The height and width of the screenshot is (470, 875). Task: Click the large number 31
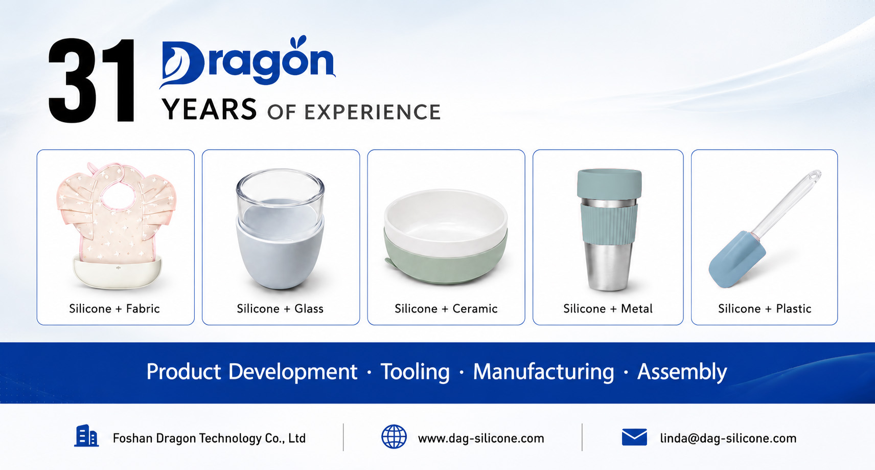tap(92, 80)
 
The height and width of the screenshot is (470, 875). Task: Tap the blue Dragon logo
tap(247, 62)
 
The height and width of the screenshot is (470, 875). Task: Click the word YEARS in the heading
tap(209, 109)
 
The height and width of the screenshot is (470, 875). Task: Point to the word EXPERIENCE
tap(372, 112)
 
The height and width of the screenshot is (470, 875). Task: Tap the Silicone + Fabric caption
tap(114, 308)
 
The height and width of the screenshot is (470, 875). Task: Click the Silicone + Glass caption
tap(280, 308)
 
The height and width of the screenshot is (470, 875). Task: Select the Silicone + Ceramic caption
tap(446, 308)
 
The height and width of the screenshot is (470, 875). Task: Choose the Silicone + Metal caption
tap(608, 308)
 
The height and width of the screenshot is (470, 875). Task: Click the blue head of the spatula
tap(736, 260)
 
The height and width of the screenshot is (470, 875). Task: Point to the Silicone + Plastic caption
tap(765, 308)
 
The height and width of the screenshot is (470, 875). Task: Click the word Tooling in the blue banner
tap(415, 371)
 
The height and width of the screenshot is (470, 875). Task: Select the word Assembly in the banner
tap(682, 371)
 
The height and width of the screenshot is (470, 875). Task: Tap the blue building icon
tap(86, 435)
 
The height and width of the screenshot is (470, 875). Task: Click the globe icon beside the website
tap(394, 436)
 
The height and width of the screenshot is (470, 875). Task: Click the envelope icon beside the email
tap(634, 437)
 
